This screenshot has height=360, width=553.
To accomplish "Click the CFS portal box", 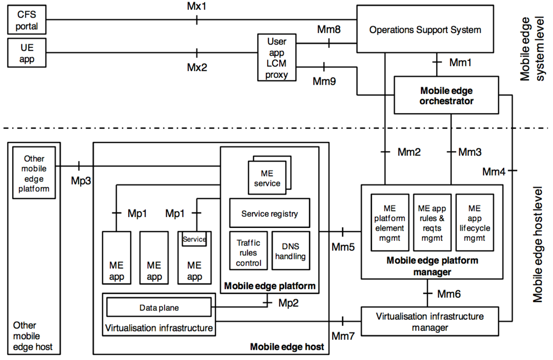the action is pos(26,20).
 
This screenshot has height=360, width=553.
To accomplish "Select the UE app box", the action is pos(26,53).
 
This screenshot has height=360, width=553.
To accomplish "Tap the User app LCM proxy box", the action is pos(277,57).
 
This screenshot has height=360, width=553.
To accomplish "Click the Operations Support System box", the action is pos(425,29).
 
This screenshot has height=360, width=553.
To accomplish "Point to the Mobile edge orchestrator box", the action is pos(446,95).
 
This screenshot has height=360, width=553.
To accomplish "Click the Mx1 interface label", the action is pos(197,6).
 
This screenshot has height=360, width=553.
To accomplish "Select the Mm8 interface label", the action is pos(329,30).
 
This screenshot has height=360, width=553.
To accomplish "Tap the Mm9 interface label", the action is pos(324,81).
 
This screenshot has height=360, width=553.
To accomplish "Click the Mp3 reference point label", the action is pos(81,180).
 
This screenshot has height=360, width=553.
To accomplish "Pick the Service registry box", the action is pos(270,213).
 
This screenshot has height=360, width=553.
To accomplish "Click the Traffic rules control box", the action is pos(248,251).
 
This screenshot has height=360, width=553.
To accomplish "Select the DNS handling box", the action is pos(291,251).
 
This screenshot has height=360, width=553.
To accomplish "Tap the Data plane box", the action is pos(159,307).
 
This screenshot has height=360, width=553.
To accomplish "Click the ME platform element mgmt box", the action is pos(390,223).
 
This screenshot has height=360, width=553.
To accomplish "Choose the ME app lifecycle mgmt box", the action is pos(475,223).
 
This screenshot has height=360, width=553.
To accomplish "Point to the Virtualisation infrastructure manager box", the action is pos(430,321).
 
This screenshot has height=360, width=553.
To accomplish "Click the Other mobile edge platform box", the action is pos(34,173).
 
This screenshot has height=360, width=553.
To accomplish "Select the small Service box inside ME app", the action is pos(194,239).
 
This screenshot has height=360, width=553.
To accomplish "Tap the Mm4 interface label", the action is pos(494,172).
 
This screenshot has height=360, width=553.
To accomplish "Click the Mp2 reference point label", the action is pos(288,303).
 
